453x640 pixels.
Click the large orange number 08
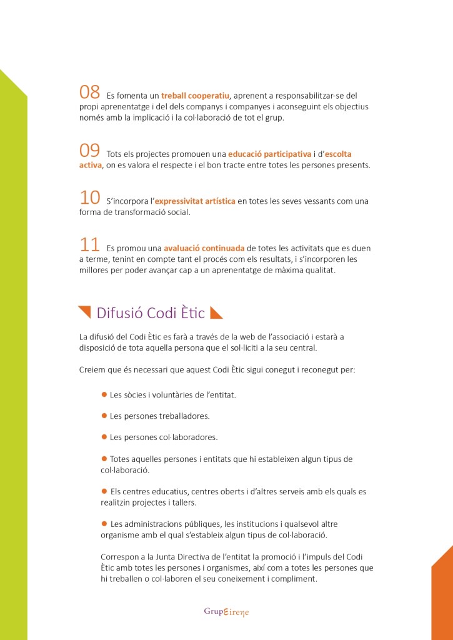tap(89, 92)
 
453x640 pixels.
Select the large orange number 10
tap(89, 197)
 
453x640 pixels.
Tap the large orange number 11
tap(89, 244)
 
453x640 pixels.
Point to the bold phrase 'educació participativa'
tap(269, 153)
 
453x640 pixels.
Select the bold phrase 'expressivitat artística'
tap(195, 201)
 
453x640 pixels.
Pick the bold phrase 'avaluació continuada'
tap(204, 248)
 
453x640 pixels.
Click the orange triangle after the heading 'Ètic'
tap(216, 312)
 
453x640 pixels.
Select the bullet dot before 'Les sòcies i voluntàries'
tap(104, 394)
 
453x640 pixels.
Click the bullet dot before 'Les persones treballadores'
tap(104, 415)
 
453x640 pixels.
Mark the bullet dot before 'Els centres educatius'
tap(104, 491)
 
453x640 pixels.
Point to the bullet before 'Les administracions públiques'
tap(104, 523)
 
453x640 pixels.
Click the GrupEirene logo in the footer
tap(226, 611)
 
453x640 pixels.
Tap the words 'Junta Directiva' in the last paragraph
tap(169, 556)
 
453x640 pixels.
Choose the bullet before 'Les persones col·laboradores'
tap(104, 436)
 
